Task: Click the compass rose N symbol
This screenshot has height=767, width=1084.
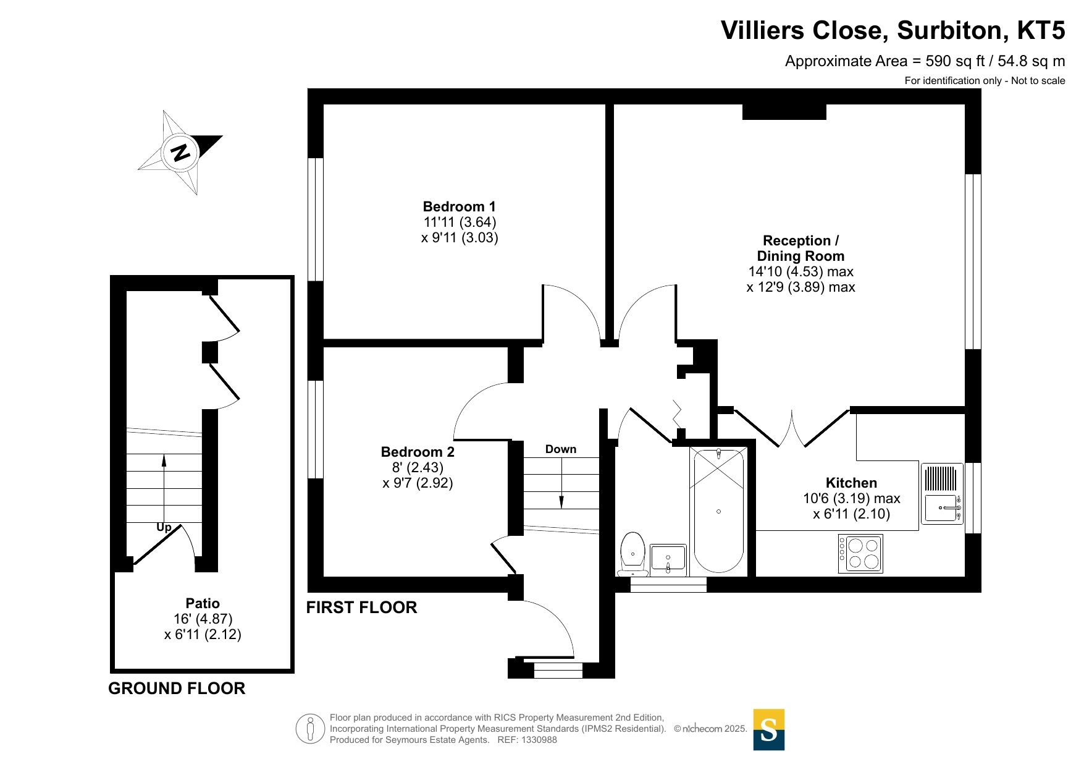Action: point(180,152)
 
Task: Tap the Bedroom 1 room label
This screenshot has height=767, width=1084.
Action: point(460,206)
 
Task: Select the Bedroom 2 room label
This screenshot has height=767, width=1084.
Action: point(418,452)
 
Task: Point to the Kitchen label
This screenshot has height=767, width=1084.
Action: point(851,483)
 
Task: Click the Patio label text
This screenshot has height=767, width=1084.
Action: point(203,603)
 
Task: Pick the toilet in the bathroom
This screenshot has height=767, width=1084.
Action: point(632,554)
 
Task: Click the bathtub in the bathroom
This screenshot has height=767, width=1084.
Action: point(718,511)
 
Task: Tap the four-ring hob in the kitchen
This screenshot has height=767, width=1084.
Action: point(860,554)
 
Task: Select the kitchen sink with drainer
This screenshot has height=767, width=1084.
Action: point(942,494)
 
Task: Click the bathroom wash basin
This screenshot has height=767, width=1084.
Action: point(668,559)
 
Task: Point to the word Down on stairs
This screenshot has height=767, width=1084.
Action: point(561,449)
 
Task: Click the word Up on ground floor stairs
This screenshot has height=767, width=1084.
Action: point(164,527)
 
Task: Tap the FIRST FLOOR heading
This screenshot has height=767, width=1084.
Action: point(362,608)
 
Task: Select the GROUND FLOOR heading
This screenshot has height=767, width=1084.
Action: point(177,689)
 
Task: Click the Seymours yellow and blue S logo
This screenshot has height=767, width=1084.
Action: point(769,730)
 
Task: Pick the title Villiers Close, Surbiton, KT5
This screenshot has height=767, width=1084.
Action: point(893,30)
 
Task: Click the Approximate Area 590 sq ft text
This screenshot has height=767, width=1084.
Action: point(925,61)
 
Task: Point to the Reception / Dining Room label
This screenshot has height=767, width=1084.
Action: point(801,248)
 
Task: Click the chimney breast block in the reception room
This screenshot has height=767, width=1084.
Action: point(784,112)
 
